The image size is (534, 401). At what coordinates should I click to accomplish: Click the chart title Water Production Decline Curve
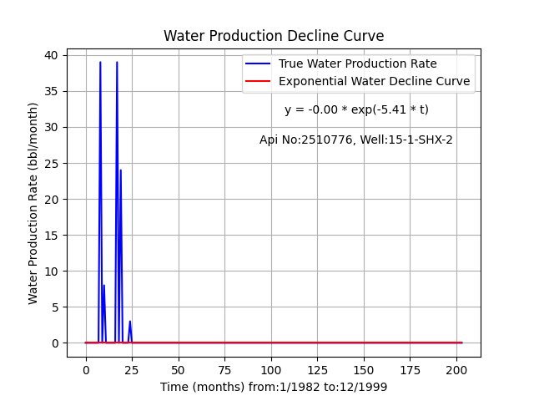click(x=274, y=36)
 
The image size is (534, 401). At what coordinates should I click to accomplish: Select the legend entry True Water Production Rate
click(x=358, y=63)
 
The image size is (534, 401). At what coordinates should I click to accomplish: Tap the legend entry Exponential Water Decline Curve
click(x=375, y=81)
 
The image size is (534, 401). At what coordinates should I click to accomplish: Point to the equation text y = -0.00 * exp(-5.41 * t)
click(x=356, y=109)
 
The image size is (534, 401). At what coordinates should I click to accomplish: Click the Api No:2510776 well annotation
click(x=356, y=140)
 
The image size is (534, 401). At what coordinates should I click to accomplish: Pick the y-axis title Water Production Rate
click(x=33, y=204)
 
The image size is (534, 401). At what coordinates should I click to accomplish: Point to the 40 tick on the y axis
click(x=51, y=55)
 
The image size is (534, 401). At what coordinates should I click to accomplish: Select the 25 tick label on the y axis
click(x=51, y=164)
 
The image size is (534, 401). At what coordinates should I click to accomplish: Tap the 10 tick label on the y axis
click(x=51, y=271)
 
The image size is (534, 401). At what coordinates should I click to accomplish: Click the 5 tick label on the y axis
click(x=54, y=307)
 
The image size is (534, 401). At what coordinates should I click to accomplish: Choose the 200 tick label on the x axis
click(x=456, y=370)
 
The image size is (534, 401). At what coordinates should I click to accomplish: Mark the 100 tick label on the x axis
click(x=271, y=370)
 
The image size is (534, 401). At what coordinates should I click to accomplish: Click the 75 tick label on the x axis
click(x=224, y=370)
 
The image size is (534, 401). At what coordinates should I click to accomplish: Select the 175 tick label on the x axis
click(x=410, y=370)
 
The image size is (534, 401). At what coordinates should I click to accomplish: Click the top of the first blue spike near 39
click(x=100, y=62)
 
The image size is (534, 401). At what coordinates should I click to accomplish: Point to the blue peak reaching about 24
click(x=120, y=170)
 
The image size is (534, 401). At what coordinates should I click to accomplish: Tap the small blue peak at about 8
click(x=103, y=285)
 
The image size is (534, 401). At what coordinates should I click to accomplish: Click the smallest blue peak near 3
click(x=130, y=321)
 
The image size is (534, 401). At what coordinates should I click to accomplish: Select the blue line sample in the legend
click(x=258, y=63)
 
